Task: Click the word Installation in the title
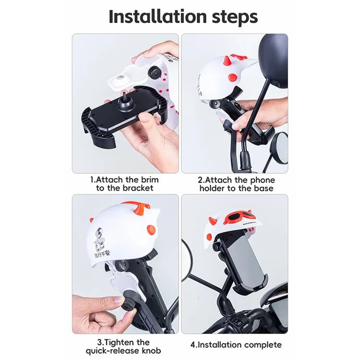pos(150,17)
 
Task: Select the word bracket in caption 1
pos(137,188)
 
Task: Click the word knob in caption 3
pos(150,351)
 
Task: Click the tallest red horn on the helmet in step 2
pos(226,61)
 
